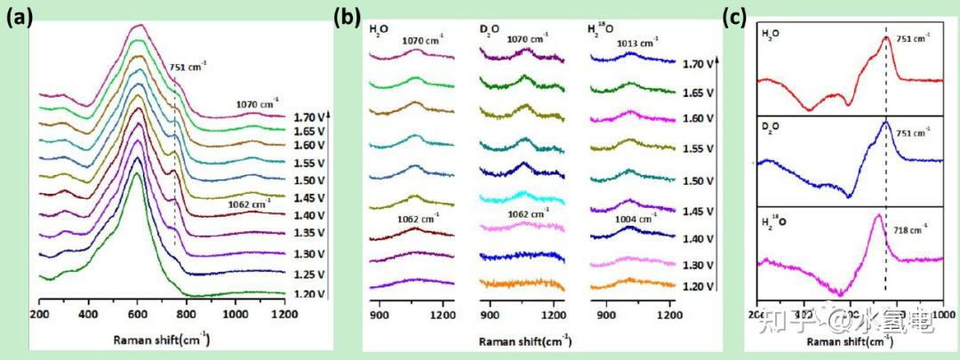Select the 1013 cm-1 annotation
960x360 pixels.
(x=637, y=42)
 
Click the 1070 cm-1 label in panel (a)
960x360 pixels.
(x=257, y=102)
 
